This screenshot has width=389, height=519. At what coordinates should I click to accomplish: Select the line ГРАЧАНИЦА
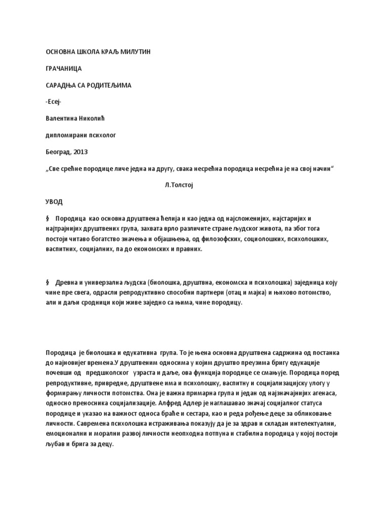[x=63, y=68]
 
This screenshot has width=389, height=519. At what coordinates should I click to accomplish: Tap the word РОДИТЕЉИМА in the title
[x=108, y=85]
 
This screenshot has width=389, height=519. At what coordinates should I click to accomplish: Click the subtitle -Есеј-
[x=54, y=101]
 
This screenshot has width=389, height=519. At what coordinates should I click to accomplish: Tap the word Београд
[x=58, y=152]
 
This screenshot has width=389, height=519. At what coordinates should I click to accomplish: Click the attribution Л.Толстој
[x=179, y=185]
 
